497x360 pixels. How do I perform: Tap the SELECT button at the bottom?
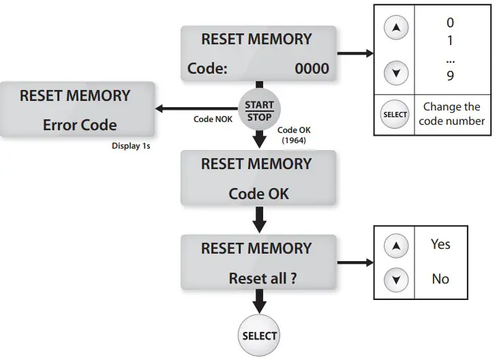[259, 335]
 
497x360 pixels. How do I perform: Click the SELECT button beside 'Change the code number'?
[395, 115]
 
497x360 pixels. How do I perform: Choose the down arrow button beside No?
[396, 279]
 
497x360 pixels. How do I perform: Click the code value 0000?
[312, 68]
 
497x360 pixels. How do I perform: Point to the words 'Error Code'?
[80, 125]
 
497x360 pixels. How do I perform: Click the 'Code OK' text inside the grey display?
[258, 193]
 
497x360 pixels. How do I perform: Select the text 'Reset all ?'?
[262, 278]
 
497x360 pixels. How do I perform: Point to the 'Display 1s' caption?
[131, 145]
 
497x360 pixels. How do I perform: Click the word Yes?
[440, 244]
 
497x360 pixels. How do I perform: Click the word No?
[440, 279]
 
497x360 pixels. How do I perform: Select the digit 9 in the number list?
[450, 76]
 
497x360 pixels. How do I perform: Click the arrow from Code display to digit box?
[355, 53]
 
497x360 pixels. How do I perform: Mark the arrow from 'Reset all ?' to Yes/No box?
[355, 262]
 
